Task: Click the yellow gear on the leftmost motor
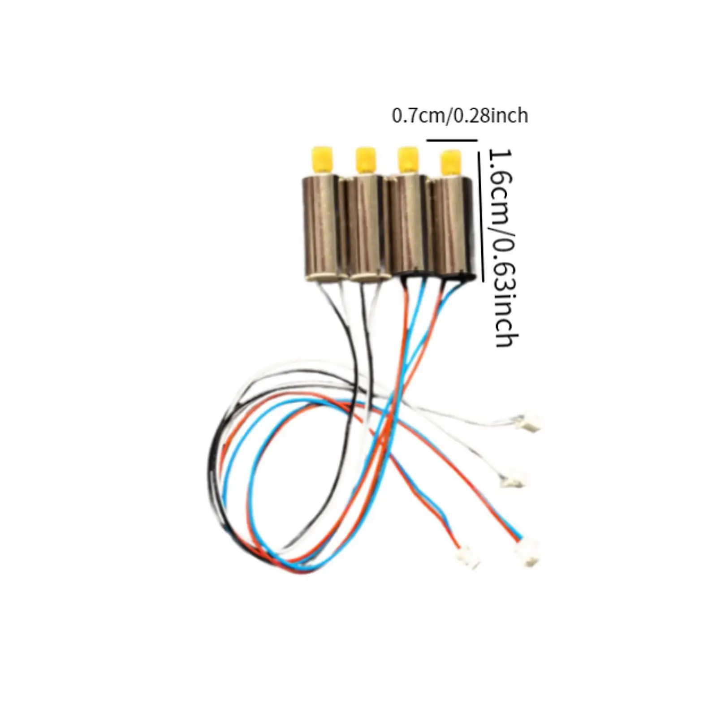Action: tap(322, 159)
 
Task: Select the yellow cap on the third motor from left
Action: tap(407, 159)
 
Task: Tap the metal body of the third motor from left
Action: tap(406, 224)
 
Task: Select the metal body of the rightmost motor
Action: tap(450, 229)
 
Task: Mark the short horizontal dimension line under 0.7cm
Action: tap(452, 140)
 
